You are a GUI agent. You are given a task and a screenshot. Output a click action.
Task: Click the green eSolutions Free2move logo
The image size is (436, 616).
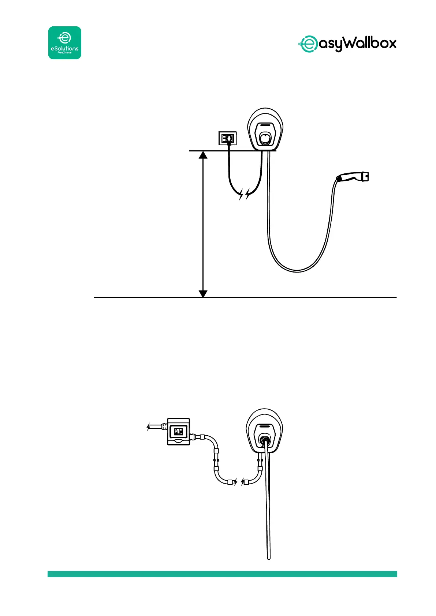pyautogui.click(x=65, y=43)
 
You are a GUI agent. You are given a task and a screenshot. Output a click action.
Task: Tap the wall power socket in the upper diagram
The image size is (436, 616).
pyautogui.click(x=227, y=138)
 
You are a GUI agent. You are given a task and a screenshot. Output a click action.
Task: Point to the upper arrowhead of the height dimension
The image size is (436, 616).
pyautogui.click(x=203, y=155)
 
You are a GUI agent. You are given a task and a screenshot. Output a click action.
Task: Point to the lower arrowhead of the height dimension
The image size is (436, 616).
pyautogui.click(x=203, y=293)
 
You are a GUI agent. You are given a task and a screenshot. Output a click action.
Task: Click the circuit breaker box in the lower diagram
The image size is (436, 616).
pyautogui.click(x=178, y=432)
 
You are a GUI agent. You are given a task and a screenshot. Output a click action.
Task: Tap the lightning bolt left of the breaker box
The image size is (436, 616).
pyautogui.click(x=149, y=427)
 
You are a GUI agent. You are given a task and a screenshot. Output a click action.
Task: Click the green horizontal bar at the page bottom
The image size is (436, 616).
pyautogui.click(x=222, y=574)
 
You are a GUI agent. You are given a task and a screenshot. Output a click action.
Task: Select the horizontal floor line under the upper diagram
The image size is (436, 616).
pyautogui.click(x=293, y=297)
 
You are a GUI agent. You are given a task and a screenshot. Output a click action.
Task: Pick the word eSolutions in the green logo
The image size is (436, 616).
pyautogui.click(x=65, y=48)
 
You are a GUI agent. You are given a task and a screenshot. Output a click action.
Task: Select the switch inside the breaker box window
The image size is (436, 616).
pyautogui.click(x=179, y=432)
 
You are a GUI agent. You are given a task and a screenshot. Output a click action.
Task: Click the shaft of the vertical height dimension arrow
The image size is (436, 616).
pyautogui.click(x=203, y=223)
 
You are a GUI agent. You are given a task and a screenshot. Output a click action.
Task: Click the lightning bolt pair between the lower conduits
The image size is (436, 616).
pyautogui.click(x=239, y=482)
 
